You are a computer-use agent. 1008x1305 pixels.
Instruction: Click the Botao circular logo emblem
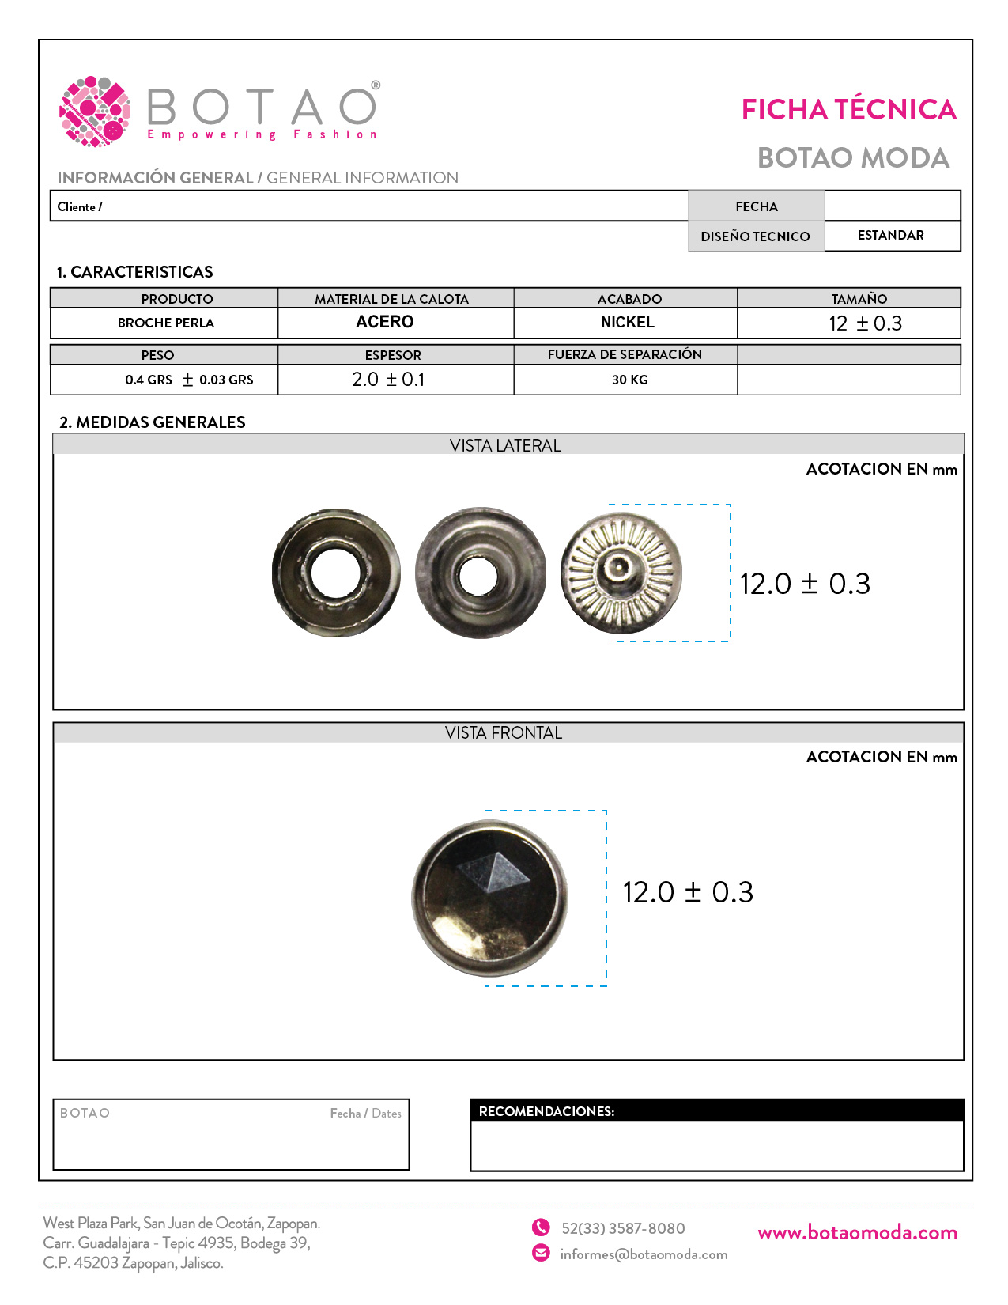[95, 112]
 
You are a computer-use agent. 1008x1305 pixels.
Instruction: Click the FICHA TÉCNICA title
[848, 109]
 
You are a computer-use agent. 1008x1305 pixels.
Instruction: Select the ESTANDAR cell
[890, 236]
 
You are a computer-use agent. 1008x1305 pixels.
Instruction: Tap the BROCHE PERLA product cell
[165, 323]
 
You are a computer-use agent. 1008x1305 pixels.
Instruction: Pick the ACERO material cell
[385, 322]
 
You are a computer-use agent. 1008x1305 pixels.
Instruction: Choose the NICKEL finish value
[627, 323]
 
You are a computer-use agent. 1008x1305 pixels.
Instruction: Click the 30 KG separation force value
[629, 380]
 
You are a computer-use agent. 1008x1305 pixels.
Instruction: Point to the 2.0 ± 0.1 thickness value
[388, 380]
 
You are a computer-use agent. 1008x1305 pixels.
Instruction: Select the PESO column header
[157, 355]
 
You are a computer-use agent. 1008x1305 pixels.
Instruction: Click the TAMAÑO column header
[859, 299]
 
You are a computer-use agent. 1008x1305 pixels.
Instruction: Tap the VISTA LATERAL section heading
[504, 445]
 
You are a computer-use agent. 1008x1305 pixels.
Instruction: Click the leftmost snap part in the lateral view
[336, 573]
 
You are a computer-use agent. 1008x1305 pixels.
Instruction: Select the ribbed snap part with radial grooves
[621, 573]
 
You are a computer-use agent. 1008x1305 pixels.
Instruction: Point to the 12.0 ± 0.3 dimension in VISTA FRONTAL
[688, 892]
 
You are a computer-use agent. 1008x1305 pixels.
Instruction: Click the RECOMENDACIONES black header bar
[716, 1110]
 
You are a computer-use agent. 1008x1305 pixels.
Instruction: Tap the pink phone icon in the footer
[541, 1227]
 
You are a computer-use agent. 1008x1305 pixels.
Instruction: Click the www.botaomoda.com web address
[857, 1232]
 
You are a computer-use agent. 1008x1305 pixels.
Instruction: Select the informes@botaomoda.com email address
[644, 1254]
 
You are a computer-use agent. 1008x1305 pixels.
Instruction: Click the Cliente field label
[80, 206]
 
